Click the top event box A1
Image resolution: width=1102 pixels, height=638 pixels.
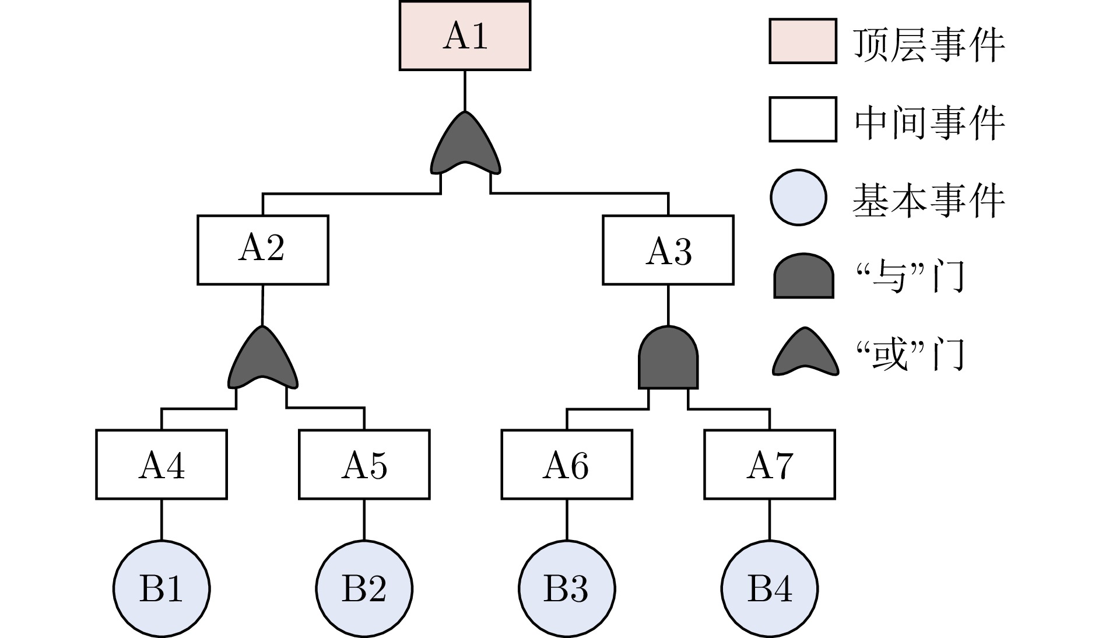click(465, 36)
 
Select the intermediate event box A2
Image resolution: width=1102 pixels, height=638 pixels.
click(262, 250)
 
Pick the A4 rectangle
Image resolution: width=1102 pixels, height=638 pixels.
click(162, 464)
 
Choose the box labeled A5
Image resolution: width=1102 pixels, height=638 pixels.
click(364, 464)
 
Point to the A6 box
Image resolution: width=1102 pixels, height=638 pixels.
click(567, 464)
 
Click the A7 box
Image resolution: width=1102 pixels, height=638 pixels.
click(769, 464)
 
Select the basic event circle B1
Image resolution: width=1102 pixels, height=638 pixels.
click(162, 588)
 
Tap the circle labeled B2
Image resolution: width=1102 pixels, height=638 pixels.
click(364, 588)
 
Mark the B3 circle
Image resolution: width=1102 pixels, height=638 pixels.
click(567, 588)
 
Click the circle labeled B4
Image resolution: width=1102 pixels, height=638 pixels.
click(769, 588)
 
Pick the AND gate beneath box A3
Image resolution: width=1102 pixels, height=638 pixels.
click(668, 360)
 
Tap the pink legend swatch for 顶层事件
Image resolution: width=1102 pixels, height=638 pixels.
click(803, 41)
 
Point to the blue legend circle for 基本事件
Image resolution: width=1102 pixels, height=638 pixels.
click(798, 197)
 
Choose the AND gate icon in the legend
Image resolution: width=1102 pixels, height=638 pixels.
click(803, 276)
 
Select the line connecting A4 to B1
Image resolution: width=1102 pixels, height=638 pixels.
click(162, 519)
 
